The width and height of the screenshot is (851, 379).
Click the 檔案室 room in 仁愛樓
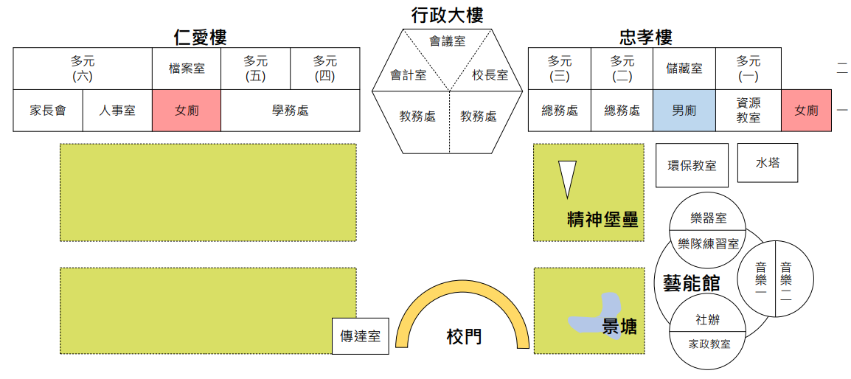187,69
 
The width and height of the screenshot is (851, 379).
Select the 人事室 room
117,111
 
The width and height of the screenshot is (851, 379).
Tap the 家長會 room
48,111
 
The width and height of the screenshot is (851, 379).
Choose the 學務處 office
290,111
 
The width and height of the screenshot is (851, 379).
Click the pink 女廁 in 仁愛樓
187,111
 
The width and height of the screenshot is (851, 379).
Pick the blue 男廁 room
684,111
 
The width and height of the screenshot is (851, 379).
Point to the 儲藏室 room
684,69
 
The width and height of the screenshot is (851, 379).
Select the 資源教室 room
748,111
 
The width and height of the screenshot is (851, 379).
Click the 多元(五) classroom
255,69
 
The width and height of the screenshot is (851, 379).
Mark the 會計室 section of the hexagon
407,74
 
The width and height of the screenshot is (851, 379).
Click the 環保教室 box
692,165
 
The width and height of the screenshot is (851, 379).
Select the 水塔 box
768,162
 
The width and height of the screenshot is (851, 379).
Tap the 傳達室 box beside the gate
360,336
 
